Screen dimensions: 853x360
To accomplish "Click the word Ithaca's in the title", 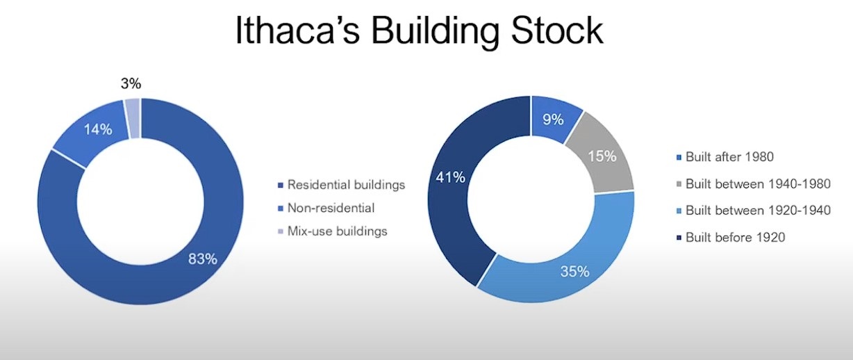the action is pyautogui.click(x=297, y=31).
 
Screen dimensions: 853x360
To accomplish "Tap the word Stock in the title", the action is pyautogui.click(x=556, y=31).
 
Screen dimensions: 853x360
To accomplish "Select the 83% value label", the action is pyautogui.click(x=203, y=259).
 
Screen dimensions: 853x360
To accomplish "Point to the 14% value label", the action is pyautogui.click(x=98, y=129).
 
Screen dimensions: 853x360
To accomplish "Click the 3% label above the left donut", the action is pyautogui.click(x=131, y=84).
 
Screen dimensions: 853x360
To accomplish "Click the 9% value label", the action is pyautogui.click(x=554, y=120).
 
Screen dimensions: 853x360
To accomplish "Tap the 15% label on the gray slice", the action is pyautogui.click(x=602, y=156).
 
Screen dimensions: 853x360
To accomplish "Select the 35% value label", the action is pyautogui.click(x=574, y=272).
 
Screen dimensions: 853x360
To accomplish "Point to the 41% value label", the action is pyautogui.click(x=451, y=177).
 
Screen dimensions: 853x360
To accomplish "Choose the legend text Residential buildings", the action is pyautogui.click(x=346, y=185).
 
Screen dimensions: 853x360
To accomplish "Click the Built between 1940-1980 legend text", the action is pyautogui.click(x=758, y=184).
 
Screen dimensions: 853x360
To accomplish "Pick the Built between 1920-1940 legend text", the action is pyautogui.click(x=758, y=211).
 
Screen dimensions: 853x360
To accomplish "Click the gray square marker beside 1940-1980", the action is pyautogui.click(x=679, y=184).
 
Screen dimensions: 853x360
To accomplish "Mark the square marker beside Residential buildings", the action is pyautogui.click(x=281, y=185).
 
